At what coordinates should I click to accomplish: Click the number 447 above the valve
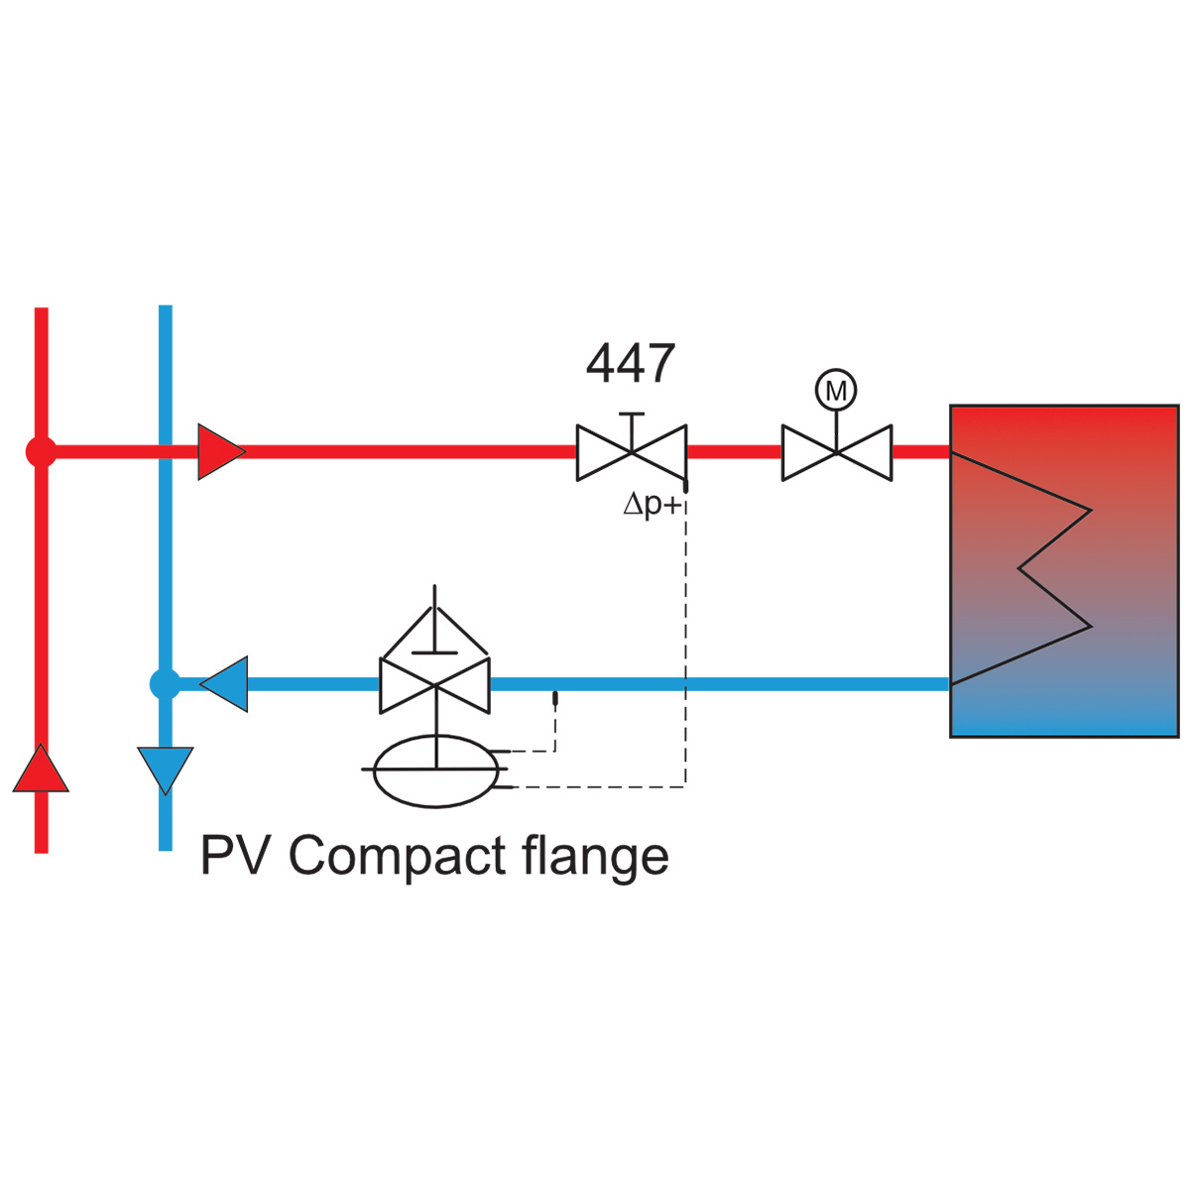click(630, 363)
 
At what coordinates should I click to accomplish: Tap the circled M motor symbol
click(836, 390)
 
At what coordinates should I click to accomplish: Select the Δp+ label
click(653, 505)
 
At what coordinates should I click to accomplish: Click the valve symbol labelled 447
click(631, 452)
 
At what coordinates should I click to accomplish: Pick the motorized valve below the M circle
click(837, 452)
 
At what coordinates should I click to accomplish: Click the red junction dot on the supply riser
click(41, 452)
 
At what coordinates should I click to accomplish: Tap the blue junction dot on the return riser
click(165, 683)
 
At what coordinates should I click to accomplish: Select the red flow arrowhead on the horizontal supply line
click(221, 452)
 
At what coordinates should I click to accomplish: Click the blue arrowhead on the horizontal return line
click(223, 683)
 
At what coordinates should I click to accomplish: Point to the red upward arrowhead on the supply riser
click(41, 769)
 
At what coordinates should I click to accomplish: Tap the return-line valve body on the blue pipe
click(434, 684)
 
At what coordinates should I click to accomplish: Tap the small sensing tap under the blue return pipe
click(554, 698)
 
